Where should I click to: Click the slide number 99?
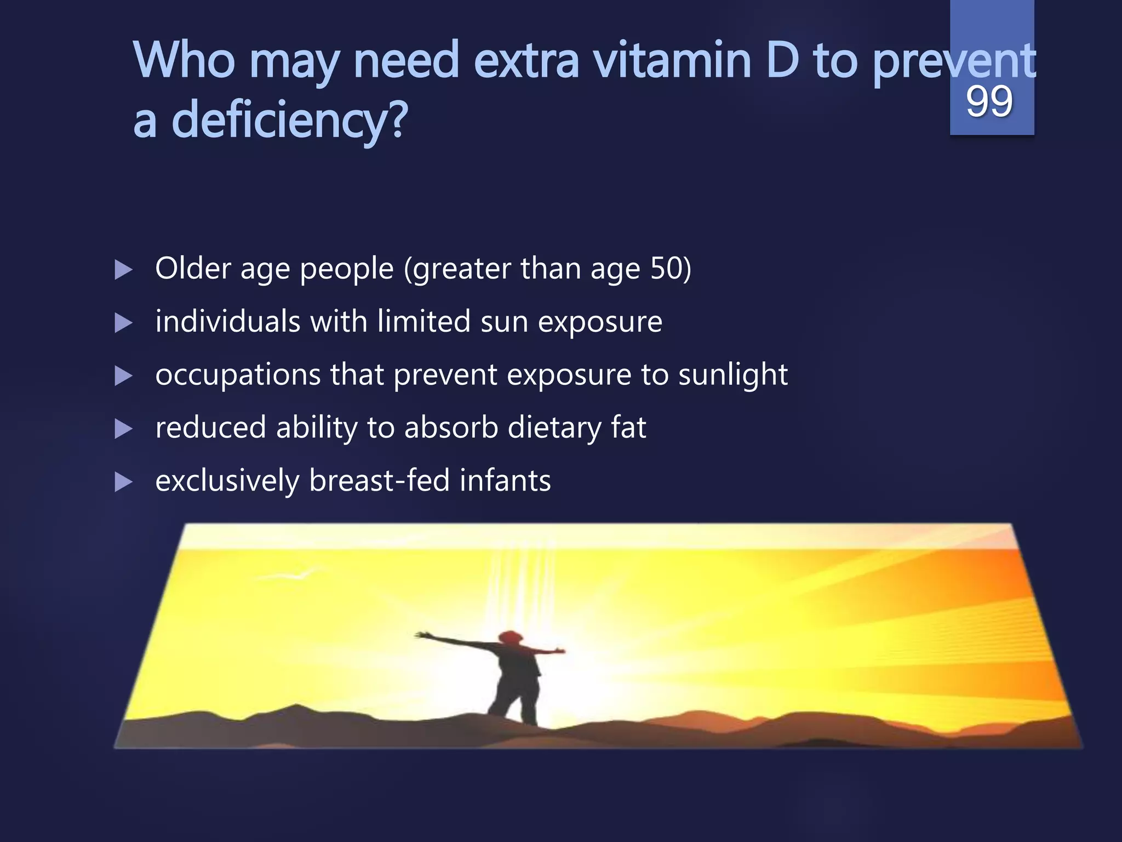pyautogui.click(x=989, y=102)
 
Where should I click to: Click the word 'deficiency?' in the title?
pyautogui.click(x=290, y=120)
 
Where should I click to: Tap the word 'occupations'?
pyautogui.click(x=238, y=375)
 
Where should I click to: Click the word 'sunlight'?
pyautogui.click(x=733, y=375)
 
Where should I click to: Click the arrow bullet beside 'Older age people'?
pyautogui.click(x=123, y=270)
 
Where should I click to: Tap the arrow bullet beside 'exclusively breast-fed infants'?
pyautogui.click(x=123, y=482)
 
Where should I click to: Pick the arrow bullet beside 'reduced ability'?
pyautogui.click(x=123, y=429)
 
